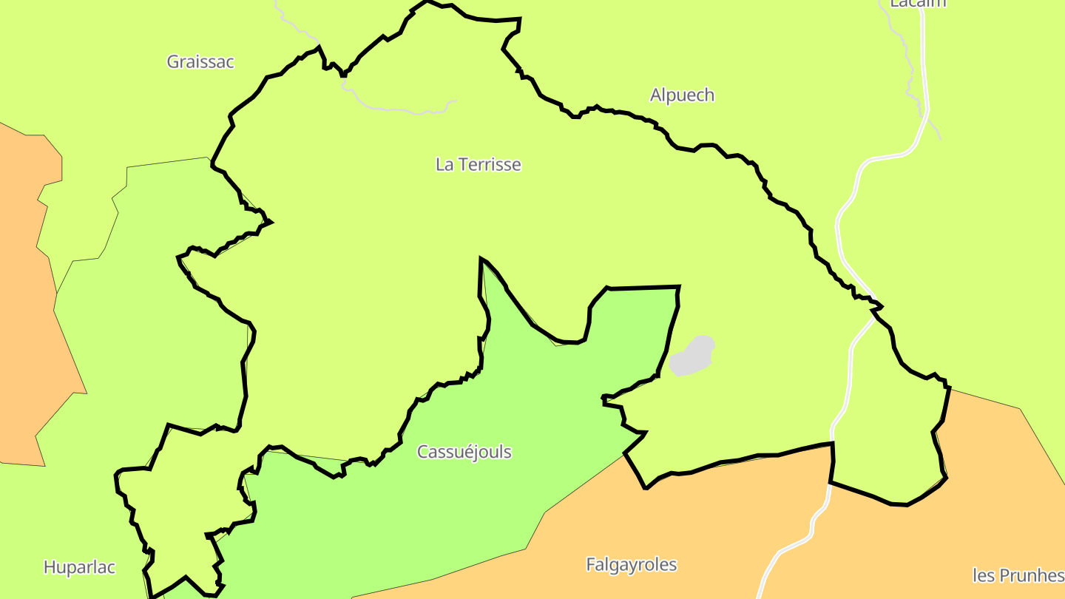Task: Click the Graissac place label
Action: (200, 62)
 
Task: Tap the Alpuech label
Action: (682, 95)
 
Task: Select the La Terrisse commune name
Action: (478, 165)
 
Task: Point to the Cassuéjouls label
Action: (464, 452)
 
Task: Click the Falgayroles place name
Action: (631, 565)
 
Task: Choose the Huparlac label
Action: (79, 568)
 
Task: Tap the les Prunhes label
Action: (1018, 575)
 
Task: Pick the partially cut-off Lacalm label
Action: (918, 4)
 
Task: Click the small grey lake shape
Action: (692, 356)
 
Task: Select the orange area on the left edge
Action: (22, 296)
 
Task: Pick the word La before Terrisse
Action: (444, 165)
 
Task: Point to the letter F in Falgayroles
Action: (591, 565)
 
